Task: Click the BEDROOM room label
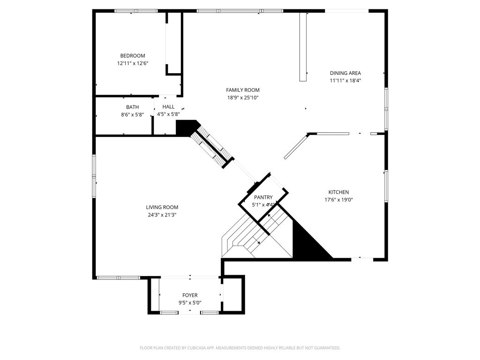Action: click(133, 56)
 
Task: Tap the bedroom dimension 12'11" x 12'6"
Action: click(133, 63)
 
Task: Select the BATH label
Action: click(132, 107)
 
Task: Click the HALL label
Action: click(168, 107)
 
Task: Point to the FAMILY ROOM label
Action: click(242, 90)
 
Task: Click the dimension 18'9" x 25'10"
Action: click(243, 97)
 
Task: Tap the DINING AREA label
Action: click(345, 73)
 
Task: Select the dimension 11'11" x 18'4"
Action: click(345, 81)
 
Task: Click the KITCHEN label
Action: click(338, 192)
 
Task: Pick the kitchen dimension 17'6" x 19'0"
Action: click(338, 200)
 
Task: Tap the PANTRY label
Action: click(263, 197)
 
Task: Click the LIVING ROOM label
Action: click(162, 207)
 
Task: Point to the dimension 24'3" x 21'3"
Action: click(162, 215)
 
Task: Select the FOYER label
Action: click(190, 295)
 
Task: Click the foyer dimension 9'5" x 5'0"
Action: click(190, 303)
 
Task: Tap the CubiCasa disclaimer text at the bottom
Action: click(240, 348)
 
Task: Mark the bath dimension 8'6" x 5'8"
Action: click(132, 114)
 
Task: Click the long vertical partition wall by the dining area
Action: click(303, 47)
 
